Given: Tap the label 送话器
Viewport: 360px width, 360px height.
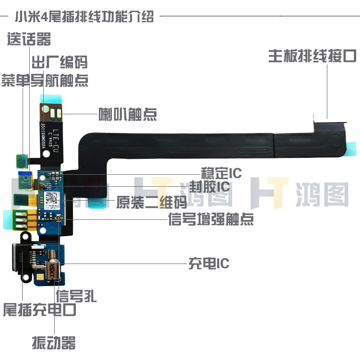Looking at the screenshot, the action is pyautogui.click(x=28, y=39).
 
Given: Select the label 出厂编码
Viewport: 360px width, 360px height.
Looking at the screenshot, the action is pyautogui.click(x=60, y=61).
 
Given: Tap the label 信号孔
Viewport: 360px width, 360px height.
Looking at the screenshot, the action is pyautogui.click(x=76, y=296).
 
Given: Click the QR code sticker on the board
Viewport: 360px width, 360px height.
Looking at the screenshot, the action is pyautogui.click(x=52, y=198).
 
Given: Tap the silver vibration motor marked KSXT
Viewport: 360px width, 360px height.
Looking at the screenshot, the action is pyautogui.click(x=53, y=269).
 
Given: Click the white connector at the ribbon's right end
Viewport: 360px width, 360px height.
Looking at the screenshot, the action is pyautogui.click(x=329, y=117).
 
